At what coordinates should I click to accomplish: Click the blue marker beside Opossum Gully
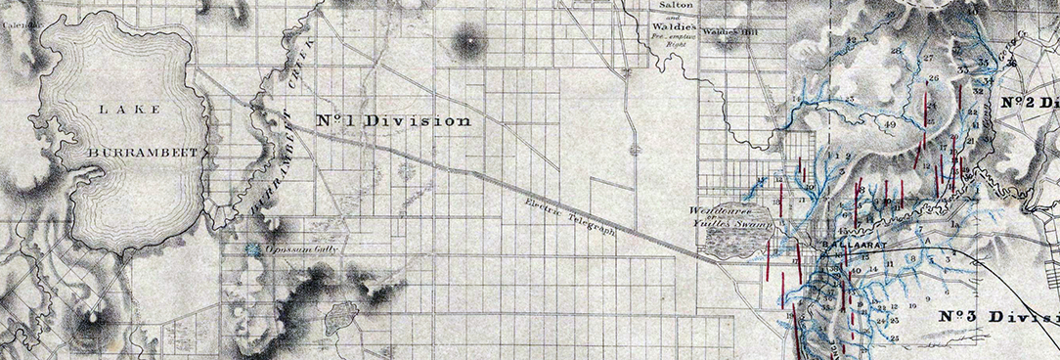255,249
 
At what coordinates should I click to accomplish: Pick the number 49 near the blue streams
889,126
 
